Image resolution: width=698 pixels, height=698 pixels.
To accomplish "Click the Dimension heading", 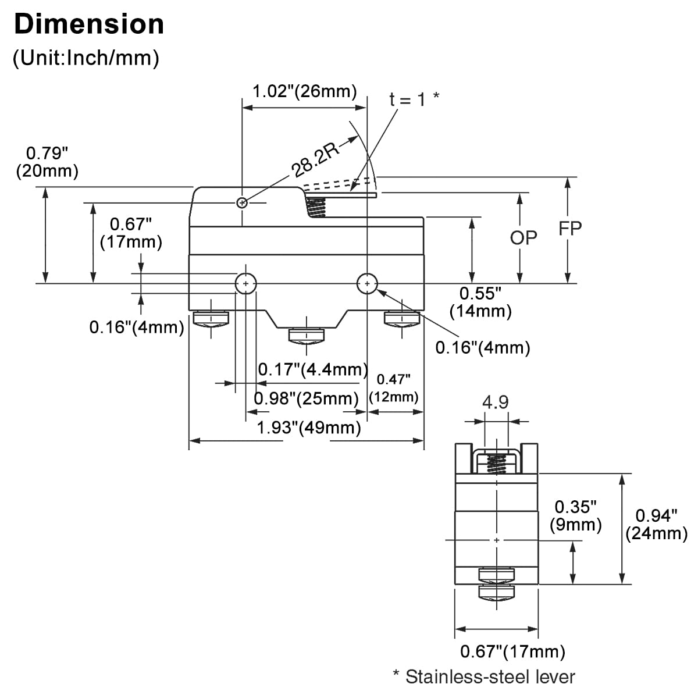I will pos(89,24).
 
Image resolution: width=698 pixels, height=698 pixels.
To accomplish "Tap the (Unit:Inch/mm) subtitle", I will pos(86,58).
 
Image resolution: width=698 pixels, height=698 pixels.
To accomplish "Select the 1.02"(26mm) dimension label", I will pos(304,91).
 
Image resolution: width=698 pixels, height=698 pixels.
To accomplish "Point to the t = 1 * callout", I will pos(414,99).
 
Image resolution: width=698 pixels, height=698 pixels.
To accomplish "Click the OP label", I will pos(523,237).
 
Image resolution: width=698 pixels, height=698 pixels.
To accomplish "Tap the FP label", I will pos(570,229).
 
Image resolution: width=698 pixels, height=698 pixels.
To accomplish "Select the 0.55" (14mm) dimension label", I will pos(480,302).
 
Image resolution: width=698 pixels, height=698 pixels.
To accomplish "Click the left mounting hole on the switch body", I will pos(246,284).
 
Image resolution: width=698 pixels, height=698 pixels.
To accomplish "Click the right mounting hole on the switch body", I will pos(367,284).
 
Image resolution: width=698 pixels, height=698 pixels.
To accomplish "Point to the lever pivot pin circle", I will pos(242,202).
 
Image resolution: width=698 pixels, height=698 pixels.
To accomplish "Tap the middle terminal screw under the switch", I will pos(307,336).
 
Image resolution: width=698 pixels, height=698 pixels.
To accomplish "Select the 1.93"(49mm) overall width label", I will pos(309,428).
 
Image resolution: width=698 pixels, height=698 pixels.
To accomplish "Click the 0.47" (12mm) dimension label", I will pos(394,388).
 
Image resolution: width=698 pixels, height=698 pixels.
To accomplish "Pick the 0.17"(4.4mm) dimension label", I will pos(313,369).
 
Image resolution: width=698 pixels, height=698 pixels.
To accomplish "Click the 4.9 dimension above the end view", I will pos(496,402).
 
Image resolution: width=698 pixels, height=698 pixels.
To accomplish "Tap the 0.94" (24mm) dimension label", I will pos(656,523).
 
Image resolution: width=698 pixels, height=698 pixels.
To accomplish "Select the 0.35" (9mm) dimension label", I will pos(576,515).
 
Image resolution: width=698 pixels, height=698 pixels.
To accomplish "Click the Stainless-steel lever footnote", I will pos(484,676).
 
